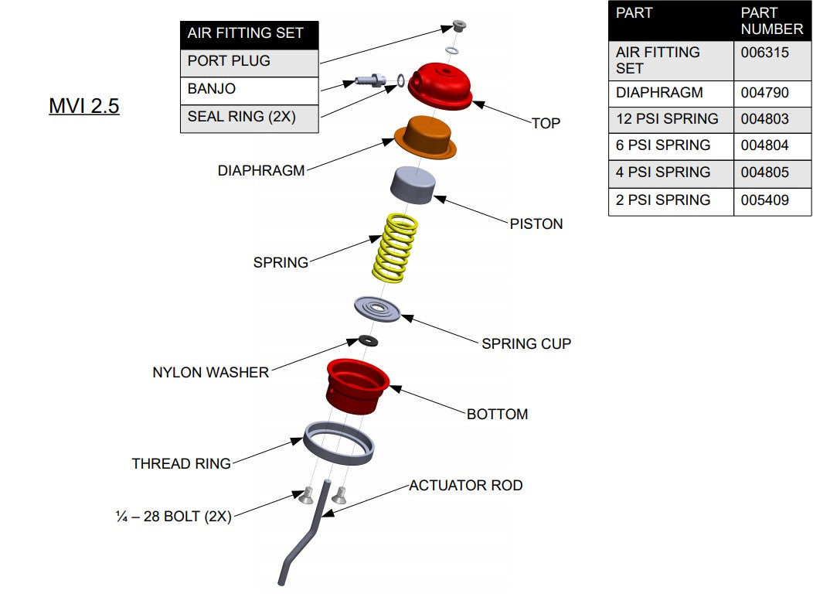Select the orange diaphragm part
click(x=425, y=139)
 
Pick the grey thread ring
click(x=338, y=443)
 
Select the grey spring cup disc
click(x=378, y=309)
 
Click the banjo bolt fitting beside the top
click(x=372, y=80)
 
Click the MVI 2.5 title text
click(x=84, y=106)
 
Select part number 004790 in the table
click(x=765, y=93)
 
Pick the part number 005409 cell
click(x=765, y=200)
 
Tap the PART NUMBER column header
click(x=771, y=21)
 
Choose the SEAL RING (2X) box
click(x=249, y=118)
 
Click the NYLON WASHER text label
click(x=210, y=372)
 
